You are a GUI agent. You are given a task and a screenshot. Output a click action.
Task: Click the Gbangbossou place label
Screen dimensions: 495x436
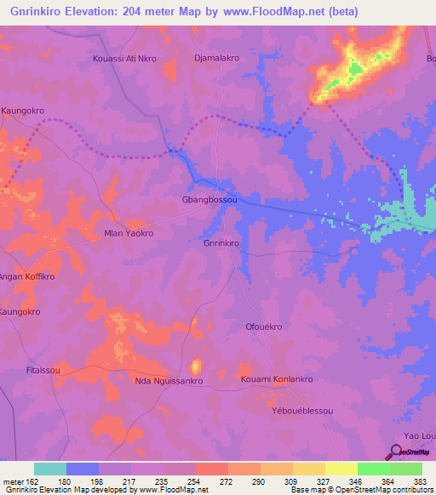click(x=208, y=200)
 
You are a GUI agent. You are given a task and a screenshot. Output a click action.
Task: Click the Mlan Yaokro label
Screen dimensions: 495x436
click(x=128, y=233)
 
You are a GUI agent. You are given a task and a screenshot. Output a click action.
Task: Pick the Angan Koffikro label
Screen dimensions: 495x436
click(x=27, y=277)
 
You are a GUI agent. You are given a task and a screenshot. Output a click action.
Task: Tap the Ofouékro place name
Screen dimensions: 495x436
click(x=263, y=327)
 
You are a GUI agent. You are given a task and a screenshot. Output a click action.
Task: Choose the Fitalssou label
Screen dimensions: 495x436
click(x=43, y=371)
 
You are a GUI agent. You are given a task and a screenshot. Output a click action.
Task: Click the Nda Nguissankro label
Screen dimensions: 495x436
click(x=169, y=381)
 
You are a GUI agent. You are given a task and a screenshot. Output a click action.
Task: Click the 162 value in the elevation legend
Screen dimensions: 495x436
click(x=27, y=481)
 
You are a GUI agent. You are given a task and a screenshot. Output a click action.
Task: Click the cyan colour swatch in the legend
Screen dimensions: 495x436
click(x=50, y=469)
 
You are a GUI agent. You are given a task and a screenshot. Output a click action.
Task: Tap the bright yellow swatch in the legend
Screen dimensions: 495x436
click(x=341, y=469)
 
